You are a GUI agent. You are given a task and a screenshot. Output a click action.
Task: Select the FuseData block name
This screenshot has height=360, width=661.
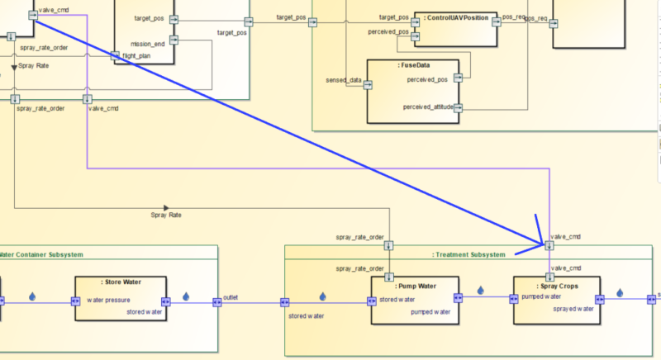pos(412,64)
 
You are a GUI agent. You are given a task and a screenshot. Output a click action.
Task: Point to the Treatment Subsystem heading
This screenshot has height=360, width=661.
pos(468,254)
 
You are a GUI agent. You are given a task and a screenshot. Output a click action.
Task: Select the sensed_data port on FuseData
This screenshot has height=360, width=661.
pos(369,83)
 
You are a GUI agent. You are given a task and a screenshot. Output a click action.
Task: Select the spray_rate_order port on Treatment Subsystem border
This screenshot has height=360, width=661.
pos(389,244)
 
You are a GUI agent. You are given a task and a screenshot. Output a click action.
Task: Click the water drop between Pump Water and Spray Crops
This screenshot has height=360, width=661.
pos(481,291)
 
